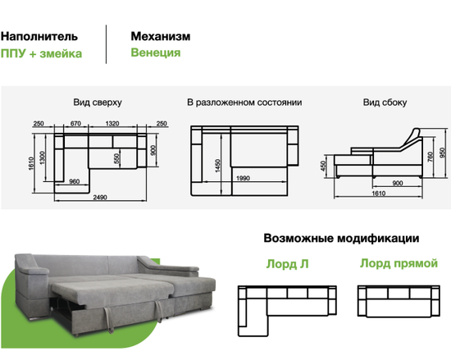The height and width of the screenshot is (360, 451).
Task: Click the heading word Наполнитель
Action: pos(39,37)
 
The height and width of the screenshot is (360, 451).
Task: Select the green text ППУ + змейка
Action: pos(41,54)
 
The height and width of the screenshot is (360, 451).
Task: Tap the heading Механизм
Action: pos(161,36)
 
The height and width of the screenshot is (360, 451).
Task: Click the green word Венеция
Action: pos(156,53)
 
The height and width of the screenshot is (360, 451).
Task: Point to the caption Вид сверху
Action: pos(98,103)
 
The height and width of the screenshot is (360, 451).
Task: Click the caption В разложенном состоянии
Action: pos(244,103)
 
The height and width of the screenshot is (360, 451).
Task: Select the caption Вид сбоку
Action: pos(385,103)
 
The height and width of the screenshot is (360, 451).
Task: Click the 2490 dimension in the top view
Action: pos(100,198)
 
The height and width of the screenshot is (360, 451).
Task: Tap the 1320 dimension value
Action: pos(112,123)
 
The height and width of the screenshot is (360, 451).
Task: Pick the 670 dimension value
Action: pos(75,123)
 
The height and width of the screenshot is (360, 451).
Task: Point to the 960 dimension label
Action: pos(74,181)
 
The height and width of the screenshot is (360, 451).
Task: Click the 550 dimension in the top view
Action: pos(116,158)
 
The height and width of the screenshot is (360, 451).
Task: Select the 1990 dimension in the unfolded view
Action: pos(243,178)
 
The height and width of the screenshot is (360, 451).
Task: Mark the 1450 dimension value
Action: pos(218,166)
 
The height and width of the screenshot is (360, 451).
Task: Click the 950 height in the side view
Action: pos(443,153)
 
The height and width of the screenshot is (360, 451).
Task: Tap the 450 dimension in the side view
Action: pos(324,166)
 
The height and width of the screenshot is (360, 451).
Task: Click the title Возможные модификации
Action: pos(341,239)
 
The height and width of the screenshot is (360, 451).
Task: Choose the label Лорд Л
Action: pos(287,264)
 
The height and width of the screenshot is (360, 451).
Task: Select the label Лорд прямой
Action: pos(399,263)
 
